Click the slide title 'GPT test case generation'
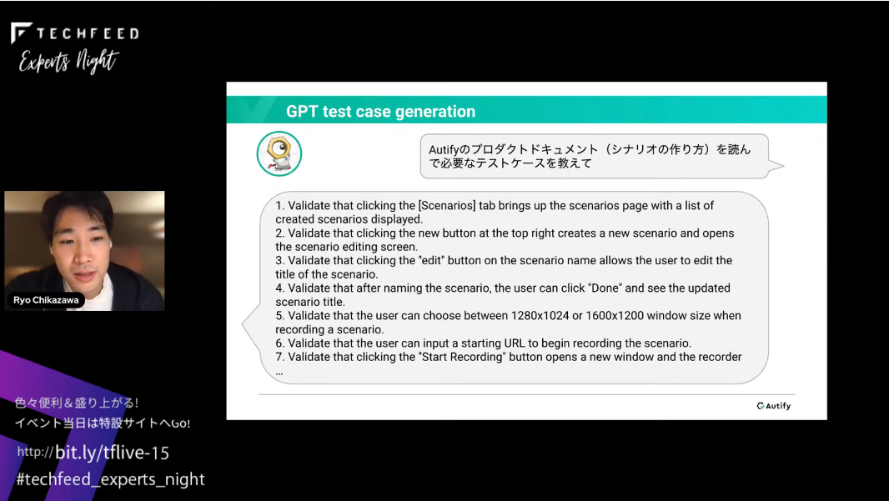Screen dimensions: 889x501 [380, 112]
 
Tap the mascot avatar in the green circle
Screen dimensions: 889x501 [279, 153]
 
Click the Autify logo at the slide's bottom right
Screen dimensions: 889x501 [773, 406]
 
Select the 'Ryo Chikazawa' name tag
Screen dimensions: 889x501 [46, 300]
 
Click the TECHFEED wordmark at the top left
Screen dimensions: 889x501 [75, 33]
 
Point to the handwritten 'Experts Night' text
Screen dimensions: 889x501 [68, 61]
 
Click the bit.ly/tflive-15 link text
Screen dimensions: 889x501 [112, 453]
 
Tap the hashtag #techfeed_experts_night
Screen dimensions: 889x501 [111, 479]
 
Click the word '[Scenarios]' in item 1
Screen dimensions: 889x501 [447, 206]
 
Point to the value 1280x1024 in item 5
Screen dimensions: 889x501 [540, 316]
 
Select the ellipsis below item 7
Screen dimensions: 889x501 [279, 373]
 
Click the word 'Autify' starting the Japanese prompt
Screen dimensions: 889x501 [445, 150]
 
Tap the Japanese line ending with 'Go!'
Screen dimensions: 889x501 [103, 423]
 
